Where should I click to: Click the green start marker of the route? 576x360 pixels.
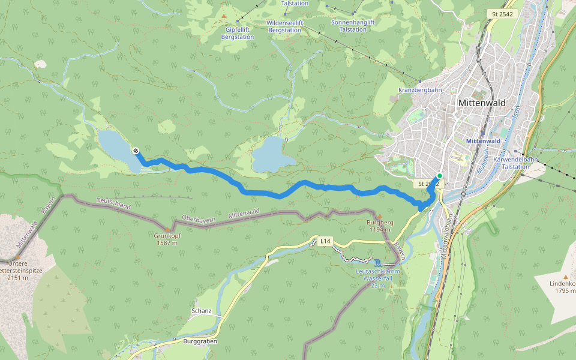pos(440,176)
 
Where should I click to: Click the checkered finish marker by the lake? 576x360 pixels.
pos(136,151)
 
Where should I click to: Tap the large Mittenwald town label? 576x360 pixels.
pos(481,103)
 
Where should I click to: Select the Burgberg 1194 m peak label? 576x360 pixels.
pos(379,226)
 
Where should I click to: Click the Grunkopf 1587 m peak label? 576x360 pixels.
pos(167,239)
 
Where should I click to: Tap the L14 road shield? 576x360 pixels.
pos(325,241)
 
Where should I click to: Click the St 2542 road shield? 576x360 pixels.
pos(502,14)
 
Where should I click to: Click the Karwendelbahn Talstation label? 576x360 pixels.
pos(515,163)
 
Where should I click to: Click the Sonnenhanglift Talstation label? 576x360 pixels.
pos(353,26)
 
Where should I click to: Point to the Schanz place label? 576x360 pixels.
pos(201,311)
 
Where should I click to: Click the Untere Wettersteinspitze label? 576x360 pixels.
pos(21,271)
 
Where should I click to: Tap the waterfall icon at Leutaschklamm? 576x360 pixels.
pos(377,263)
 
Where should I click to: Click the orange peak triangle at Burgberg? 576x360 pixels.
pos(379,215)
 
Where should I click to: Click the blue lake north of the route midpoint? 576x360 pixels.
pos(271,154)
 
